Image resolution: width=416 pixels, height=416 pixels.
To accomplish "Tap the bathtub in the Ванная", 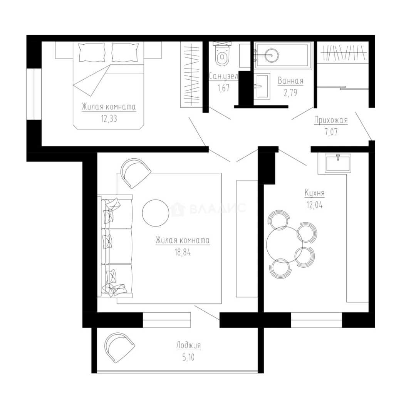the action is (283, 55).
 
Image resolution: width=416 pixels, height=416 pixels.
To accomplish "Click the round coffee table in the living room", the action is (156, 213).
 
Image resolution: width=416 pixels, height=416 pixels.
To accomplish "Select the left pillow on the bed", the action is (92, 52).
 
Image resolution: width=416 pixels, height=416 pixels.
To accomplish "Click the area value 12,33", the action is (109, 119).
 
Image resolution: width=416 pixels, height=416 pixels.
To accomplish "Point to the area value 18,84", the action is (183, 252).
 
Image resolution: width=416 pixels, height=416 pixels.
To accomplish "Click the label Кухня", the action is (315, 193).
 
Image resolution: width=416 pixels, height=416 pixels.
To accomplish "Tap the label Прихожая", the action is (331, 120).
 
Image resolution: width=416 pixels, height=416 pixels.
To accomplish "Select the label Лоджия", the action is (189, 346).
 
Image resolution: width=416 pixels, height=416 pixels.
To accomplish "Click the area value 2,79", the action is (290, 93).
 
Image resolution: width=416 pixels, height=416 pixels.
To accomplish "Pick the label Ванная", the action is (290, 81).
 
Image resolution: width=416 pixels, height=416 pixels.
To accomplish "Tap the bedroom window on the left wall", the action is (34, 94).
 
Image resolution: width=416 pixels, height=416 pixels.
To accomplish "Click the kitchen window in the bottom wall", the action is (317, 320).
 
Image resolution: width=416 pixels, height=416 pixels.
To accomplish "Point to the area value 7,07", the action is (331, 132).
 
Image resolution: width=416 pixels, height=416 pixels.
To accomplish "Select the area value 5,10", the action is (188, 357).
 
